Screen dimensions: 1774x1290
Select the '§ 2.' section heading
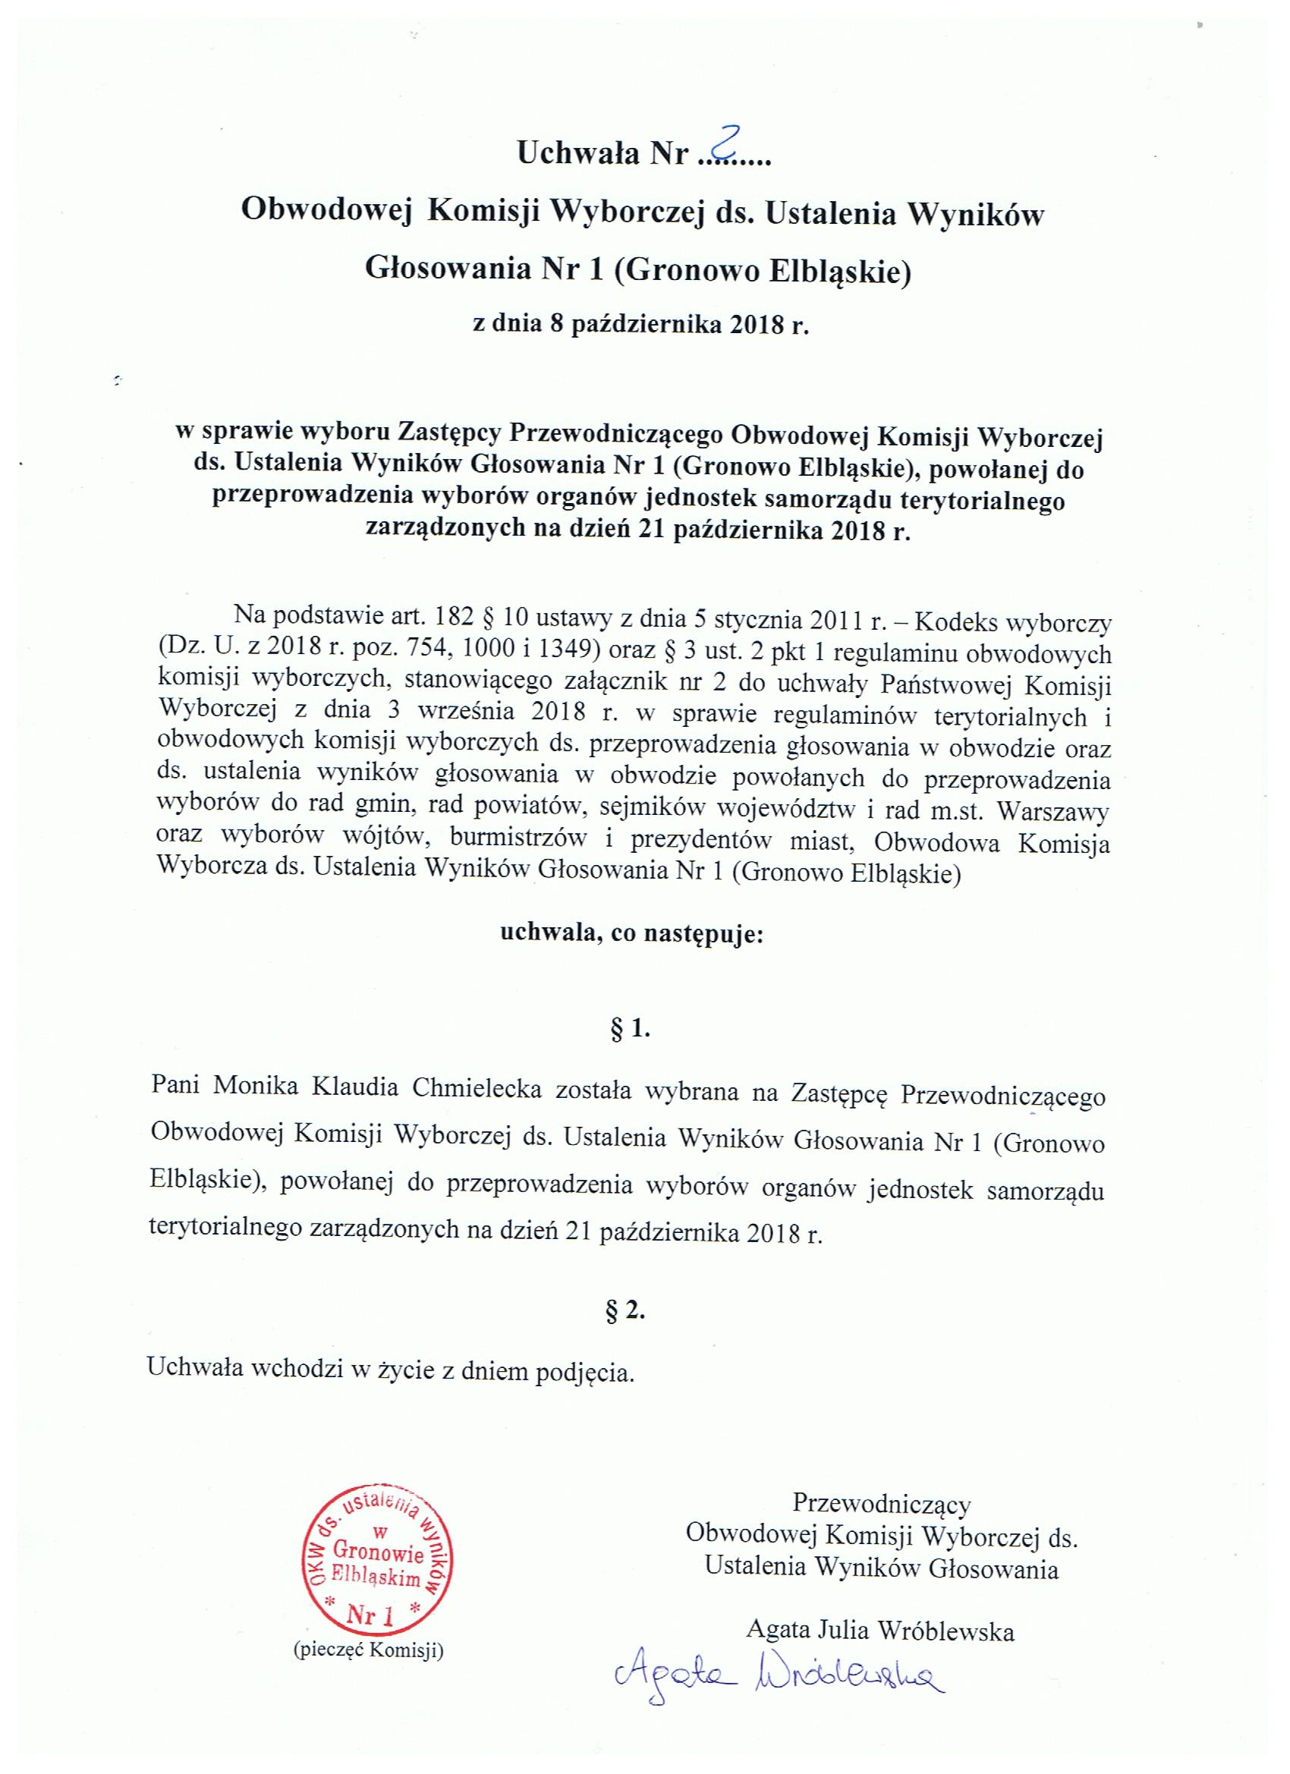pos(626,1312)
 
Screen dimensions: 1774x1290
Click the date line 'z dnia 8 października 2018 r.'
pos(640,325)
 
